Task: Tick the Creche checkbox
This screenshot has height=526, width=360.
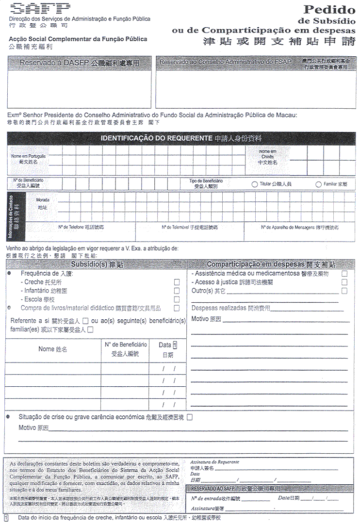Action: point(177,282)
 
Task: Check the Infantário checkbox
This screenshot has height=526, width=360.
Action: point(177,291)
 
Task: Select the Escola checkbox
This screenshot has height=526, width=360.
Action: point(177,299)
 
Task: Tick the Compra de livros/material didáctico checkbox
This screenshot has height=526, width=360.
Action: point(177,308)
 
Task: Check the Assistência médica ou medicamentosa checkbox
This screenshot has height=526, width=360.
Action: point(344,274)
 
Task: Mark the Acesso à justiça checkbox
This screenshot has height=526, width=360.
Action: point(344,282)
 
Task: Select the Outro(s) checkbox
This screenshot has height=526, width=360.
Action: point(344,291)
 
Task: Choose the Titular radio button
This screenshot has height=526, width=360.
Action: point(255,184)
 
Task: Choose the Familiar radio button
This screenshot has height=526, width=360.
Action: point(319,184)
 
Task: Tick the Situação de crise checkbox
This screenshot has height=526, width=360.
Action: point(190,417)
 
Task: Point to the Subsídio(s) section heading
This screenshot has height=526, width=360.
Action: point(97,264)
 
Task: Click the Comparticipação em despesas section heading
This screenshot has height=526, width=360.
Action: point(271,264)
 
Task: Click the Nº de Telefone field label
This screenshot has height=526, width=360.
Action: point(81,227)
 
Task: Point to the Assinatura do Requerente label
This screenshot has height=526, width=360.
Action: point(214,462)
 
